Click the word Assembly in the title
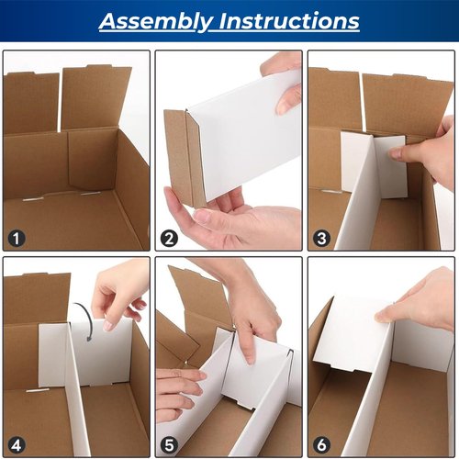click(x=152, y=21)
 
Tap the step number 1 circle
click(x=17, y=239)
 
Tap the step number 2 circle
click(x=169, y=239)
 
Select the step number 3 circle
click(x=321, y=239)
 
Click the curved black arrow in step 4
click(x=85, y=318)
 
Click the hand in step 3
click(x=427, y=151)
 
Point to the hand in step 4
click(x=119, y=289)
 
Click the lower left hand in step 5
click(x=179, y=390)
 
